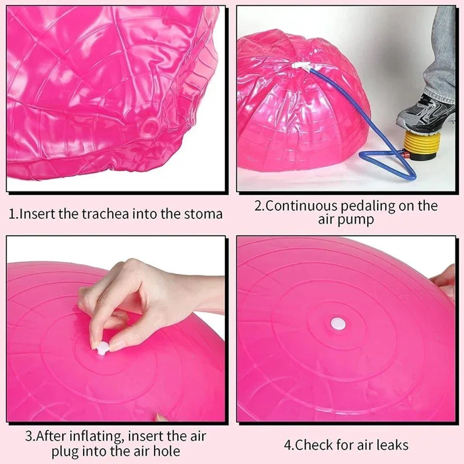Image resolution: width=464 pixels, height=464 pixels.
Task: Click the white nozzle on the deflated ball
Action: [300, 66]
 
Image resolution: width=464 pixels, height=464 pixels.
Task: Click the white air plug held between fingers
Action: [102, 348]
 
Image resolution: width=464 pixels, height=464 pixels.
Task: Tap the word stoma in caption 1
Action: [203, 214]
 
